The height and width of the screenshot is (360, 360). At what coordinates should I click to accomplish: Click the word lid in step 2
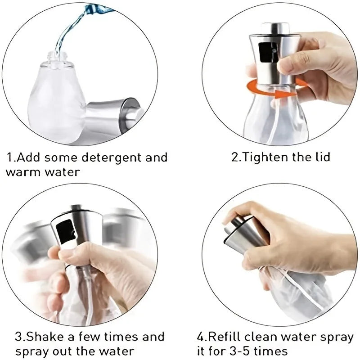(321, 157)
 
